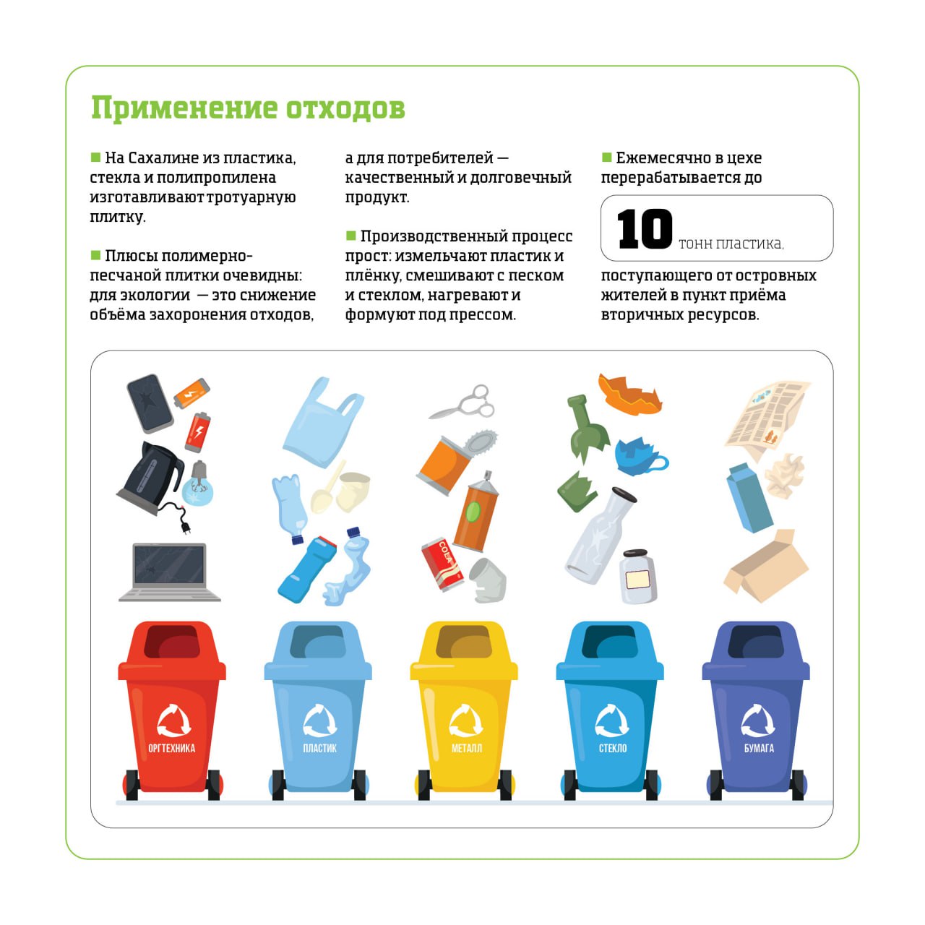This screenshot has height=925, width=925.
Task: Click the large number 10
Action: tap(644, 229)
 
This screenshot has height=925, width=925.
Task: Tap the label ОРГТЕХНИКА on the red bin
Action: tap(171, 748)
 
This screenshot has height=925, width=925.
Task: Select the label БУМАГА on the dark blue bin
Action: tap(759, 748)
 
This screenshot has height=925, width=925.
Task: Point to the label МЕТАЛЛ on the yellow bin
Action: tap(466, 748)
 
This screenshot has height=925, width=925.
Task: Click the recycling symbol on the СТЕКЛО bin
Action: tap(611, 720)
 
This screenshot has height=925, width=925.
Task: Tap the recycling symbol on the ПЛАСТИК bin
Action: tap(319, 720)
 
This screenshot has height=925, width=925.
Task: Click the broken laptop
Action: tap(169, 572)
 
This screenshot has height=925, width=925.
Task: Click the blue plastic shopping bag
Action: tap(322, 423)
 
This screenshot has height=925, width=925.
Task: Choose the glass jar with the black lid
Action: tap(638, 577)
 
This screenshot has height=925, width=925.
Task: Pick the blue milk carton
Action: tap(749, 498)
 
